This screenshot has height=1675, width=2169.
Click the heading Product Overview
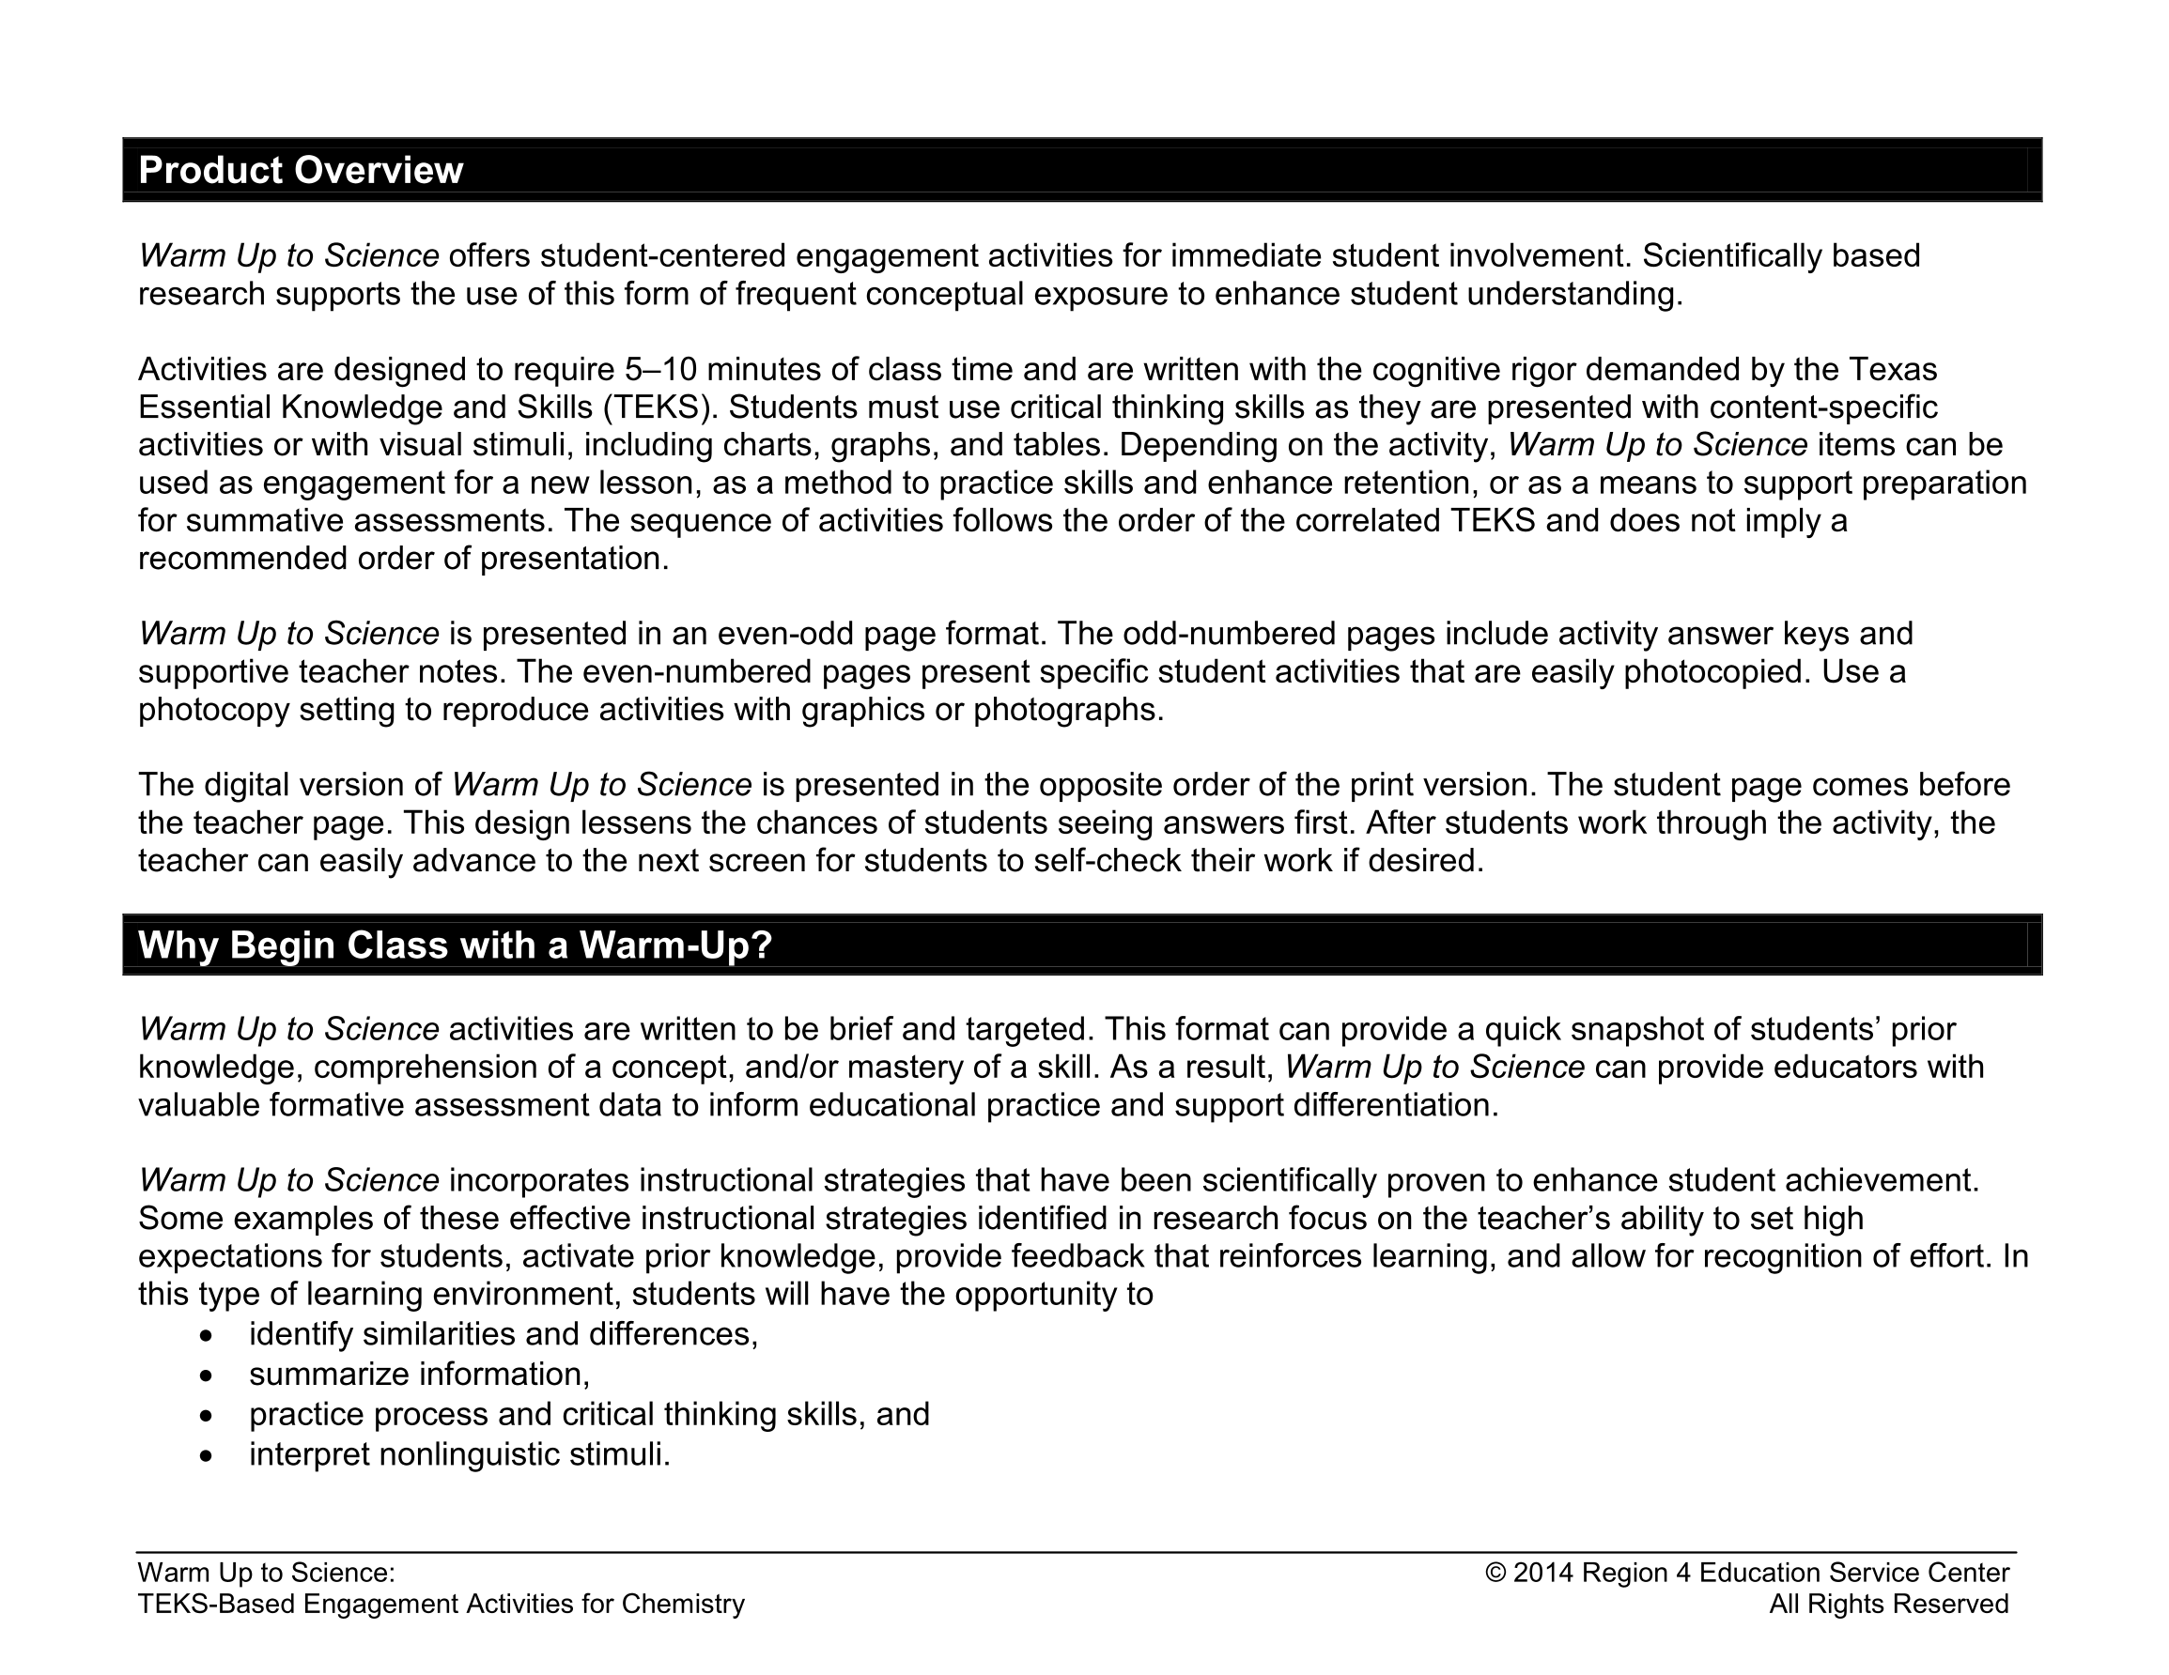point(300,171)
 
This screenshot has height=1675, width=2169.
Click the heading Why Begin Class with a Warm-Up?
point(455,945)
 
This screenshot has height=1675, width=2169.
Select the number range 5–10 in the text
point(659,370)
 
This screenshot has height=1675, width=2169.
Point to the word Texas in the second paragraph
point(1892,370)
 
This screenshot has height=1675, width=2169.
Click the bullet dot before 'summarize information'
point(206,1376)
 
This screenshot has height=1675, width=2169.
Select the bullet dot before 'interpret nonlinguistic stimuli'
point(206,1456)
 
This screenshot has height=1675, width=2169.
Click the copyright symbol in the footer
point(1495,1574)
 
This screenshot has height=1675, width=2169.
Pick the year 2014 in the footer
point(1543,1574)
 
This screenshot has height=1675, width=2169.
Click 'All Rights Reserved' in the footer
point(1888,1605)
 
